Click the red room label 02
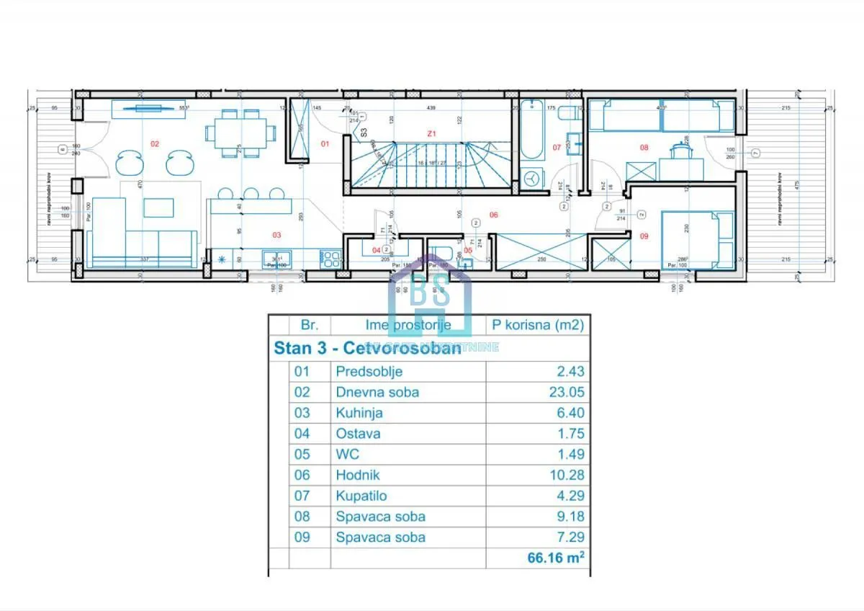pos(154,143)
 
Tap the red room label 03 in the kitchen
pos(276,235)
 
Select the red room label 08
pos(644,148)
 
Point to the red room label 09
pos(644,235)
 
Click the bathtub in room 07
pos(534,129)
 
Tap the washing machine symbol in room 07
pos(533,178)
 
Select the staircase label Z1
pos(431,133)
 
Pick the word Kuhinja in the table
pos(359,414)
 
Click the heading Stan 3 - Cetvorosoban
pos(367,349)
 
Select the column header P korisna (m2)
pos(537,325)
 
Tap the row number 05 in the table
pos(303,455)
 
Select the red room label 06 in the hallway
pos(494,214)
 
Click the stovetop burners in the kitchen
pos(331,259)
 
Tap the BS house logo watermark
pos(430,294)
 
